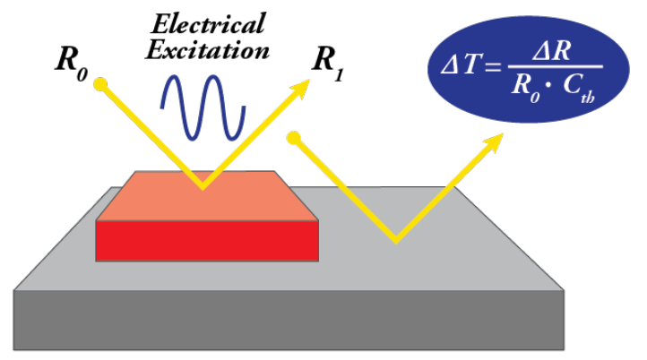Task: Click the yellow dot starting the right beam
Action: pos(292,138)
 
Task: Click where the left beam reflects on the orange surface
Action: pos(204,187)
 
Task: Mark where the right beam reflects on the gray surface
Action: pos(394,240)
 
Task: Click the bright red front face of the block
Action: pos(207,240)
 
